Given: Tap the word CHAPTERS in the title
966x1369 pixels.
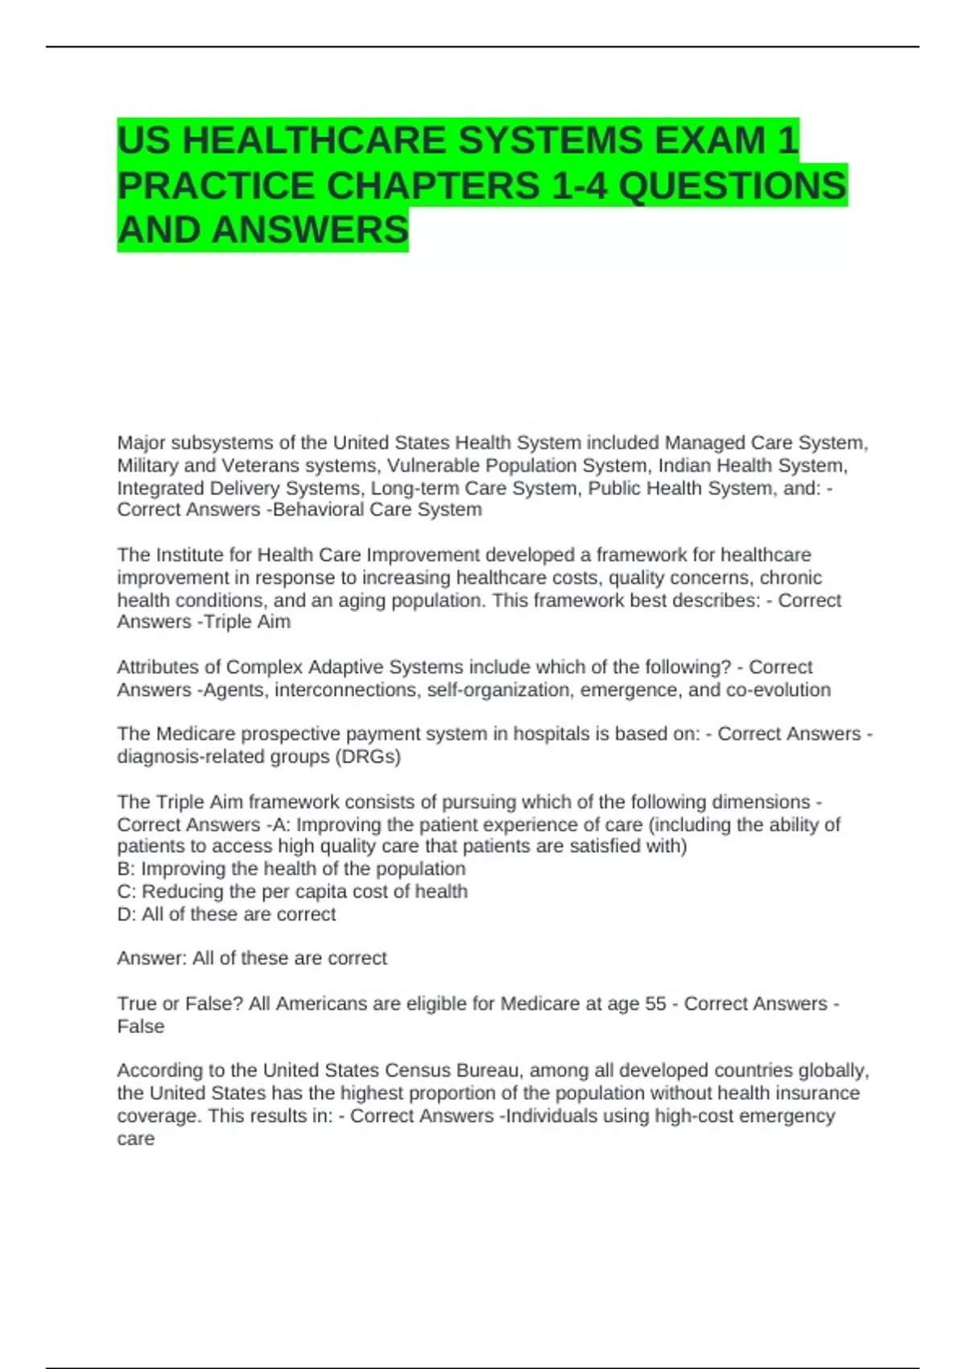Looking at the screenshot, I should (x=433, y=186).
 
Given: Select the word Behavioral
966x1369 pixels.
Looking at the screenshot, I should (x=317, y=510).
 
